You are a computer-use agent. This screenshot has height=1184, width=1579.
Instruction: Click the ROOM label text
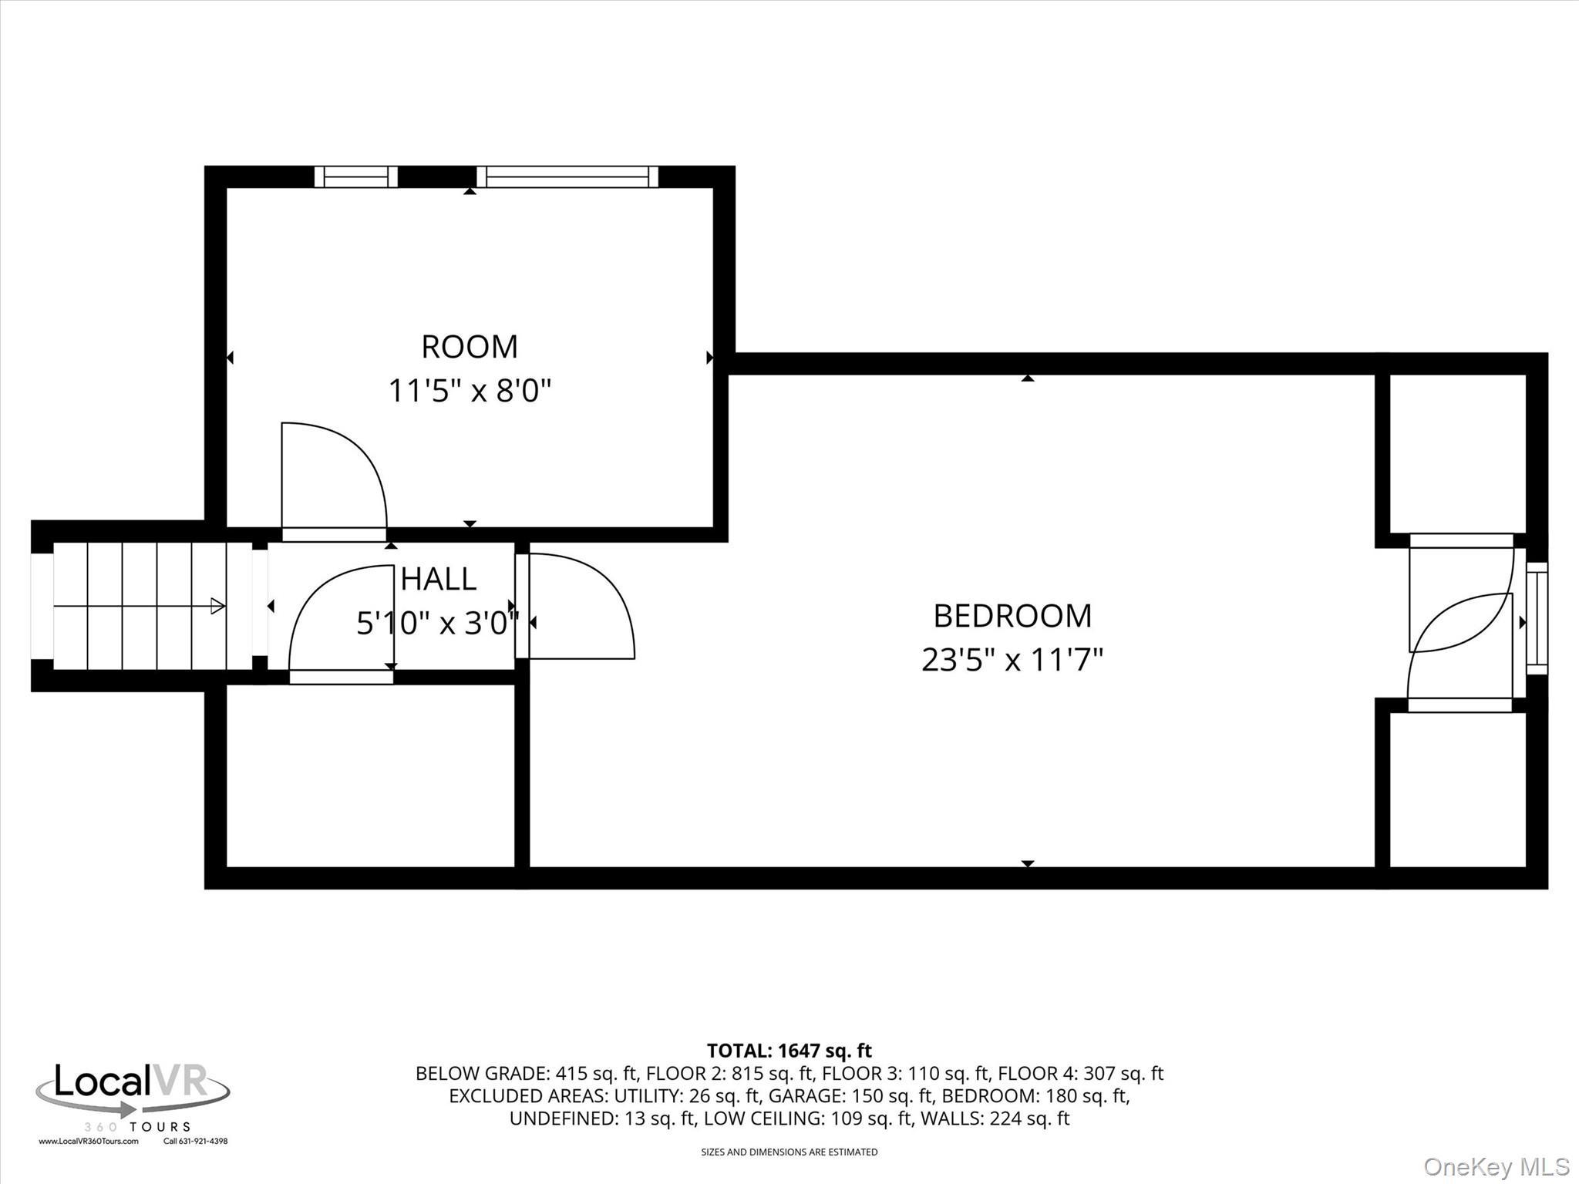click(469, 347)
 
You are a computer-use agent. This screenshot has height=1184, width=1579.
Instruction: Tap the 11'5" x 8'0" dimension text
click(469, 391)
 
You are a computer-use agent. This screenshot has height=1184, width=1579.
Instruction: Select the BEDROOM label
click(1012, 616)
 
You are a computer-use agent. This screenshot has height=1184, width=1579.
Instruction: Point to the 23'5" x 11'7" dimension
click(1012, 660)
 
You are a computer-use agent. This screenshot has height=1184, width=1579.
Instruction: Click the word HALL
click(438, 579)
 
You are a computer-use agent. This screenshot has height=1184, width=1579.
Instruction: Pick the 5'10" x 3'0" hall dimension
click(437, 623)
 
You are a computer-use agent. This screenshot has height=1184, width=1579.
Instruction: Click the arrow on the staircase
click(217, 606)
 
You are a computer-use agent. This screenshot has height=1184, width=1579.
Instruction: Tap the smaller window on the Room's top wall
click(355, 177)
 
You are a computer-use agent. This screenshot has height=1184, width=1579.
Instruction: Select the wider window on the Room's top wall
click(568, 177)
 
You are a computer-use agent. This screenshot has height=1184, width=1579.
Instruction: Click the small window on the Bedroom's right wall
click(1537, 618)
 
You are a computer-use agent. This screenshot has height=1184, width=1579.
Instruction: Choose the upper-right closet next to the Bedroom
click(1457, 453)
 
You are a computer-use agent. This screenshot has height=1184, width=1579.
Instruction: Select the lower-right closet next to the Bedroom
click(1457, 789)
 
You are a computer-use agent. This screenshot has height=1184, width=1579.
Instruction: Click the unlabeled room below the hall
click(370, 775)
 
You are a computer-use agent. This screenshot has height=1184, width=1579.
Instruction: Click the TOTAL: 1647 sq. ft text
click(789, 1051)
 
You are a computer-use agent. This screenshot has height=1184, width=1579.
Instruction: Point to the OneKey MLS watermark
click(1496, 1166)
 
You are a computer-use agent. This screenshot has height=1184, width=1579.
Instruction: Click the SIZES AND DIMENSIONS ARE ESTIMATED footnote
click(789, 1152)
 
